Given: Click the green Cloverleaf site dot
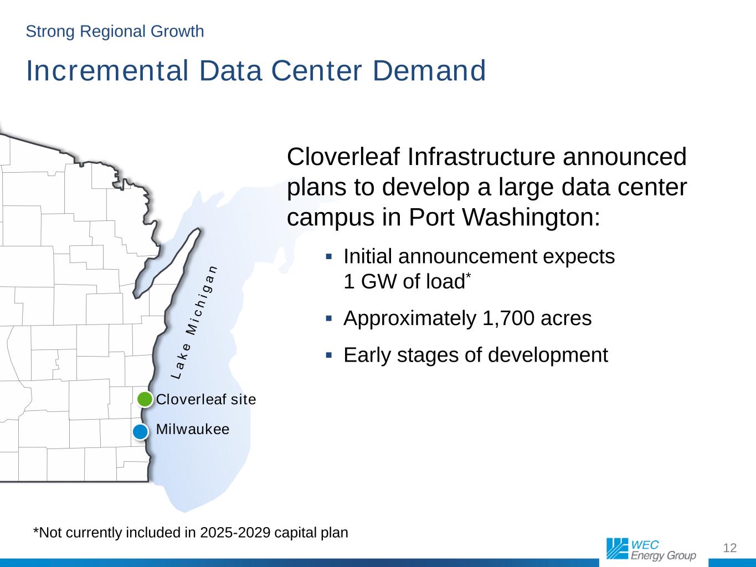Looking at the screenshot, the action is pyautogui.click(x=145, y=399).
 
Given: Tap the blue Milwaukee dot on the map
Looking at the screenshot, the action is pyautogui.click(x=140, y=431).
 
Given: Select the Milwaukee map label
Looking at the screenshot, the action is pyautogui.click(x=193, y=429).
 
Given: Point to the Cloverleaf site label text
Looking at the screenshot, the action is pyautogui.click(x=206, y=399).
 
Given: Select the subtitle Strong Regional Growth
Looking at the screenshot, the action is pyautogui.click(x=115, y=32).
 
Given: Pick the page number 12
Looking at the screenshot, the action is pyautogui.click(x=730, y=548).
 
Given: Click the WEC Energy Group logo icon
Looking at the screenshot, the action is pyautogui.click(x=617, y=548).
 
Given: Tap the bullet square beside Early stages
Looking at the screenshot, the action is pyautogui.click(x=328, y=355).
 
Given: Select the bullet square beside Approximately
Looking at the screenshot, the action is pyautogui.click(x=328, y=318).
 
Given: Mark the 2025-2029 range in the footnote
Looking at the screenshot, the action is pyautogui.click(x=235, y=533).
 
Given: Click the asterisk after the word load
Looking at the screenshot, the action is pyautogui.click(x=468, y=276).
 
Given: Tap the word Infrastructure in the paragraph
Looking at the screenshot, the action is pyautogui.click(x=481, y=157).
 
